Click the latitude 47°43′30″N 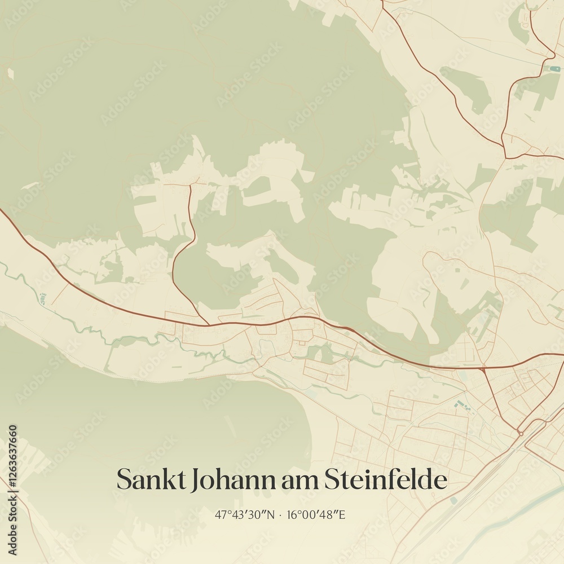coord(245,514)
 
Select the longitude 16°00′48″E coord(316,514)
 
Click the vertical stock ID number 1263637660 coord(12,490)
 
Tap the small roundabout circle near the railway coord(521,433)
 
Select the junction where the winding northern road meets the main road coord(208,324)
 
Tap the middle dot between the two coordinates coord(280,514)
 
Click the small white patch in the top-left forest coord(10,73)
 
